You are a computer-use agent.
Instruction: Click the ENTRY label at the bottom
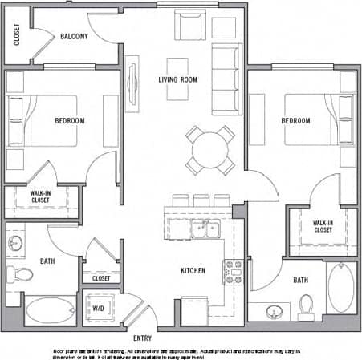(143, 338)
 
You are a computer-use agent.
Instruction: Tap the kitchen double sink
(204, 229)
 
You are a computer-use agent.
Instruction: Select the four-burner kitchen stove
(233, 272)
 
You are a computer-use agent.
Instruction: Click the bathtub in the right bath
(341, 289)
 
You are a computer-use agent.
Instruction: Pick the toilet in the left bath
(22, 275)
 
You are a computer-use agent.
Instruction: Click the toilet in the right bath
(306, 305)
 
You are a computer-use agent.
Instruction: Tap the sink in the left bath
(17, 242)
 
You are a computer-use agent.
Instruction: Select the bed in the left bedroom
(42, 120)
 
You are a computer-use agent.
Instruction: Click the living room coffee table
(178, 79)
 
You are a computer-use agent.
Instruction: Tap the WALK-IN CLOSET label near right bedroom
(323, 226)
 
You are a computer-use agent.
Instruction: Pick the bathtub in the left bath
(50, 310)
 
